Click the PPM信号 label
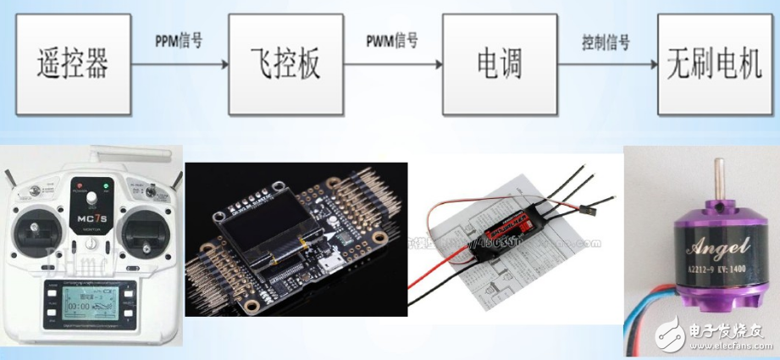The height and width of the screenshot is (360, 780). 179,41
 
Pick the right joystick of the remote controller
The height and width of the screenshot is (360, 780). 140,230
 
